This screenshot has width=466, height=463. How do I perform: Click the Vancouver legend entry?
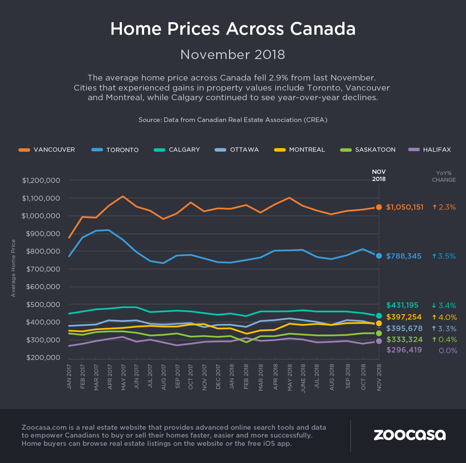[x=47, y=150]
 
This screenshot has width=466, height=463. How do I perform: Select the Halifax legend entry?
[x=430, y=150]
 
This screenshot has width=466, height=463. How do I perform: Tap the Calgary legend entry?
[x=177, y=150]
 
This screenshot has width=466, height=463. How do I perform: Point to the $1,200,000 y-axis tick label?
[x=41, y=180]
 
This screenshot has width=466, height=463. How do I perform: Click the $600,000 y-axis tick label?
[x=43, y=287]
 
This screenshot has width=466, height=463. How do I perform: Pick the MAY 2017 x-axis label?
[x=123, y=377]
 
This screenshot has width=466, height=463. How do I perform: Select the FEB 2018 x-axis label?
[x=246, y=377]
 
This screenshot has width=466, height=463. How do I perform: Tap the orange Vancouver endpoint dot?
[x=379, y=207]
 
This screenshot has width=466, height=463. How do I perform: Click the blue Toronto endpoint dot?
[x=379, y=256]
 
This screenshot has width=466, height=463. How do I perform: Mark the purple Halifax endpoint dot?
[x=379, y=341]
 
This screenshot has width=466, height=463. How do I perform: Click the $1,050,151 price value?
[x=405, y=207]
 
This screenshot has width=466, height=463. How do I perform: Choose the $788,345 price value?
[x=404, y=256]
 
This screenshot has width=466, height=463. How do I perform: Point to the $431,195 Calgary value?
[x=402, y=305]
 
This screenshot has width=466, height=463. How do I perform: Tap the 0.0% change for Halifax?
[x=448, y=351]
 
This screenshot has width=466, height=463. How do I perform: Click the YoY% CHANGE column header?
[x=444, y=176]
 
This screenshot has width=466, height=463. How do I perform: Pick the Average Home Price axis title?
[x=14, y=268]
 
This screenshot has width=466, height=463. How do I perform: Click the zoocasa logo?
[x=410, y=435]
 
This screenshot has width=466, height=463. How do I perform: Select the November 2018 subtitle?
[x=233, y=54]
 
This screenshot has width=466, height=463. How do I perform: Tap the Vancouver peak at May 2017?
[x=123, y=196]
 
